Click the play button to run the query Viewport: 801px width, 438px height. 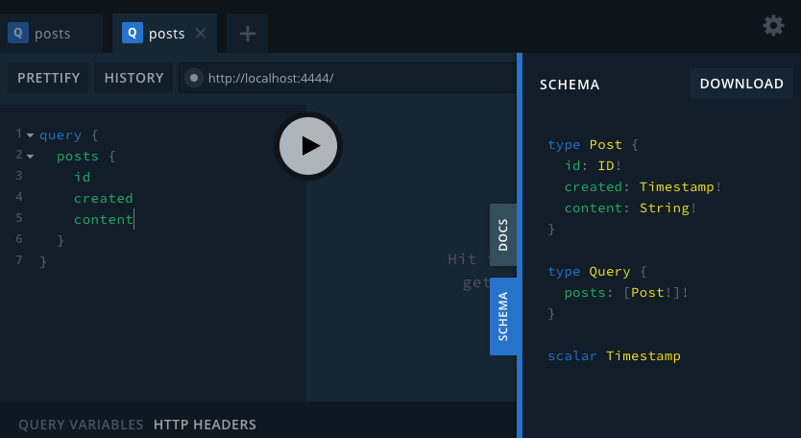(308, 145)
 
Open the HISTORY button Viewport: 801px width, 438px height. (133, 78)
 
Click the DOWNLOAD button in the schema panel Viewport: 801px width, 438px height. (741, 84)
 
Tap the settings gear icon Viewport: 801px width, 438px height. (773, 26)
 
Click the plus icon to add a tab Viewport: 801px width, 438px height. (248, 34)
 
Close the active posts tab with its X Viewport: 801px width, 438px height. (201, 34)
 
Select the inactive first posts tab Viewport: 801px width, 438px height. (52, 34)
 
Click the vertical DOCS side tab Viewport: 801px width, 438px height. (503, 234)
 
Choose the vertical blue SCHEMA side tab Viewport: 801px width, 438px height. (503, 317)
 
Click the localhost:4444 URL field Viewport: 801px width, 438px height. (346, 78)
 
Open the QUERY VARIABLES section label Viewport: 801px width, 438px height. (81, 425)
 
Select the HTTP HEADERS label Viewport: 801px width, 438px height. (205, 425)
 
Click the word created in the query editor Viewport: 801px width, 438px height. (103, 199)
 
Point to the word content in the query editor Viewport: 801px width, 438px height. (103, 220)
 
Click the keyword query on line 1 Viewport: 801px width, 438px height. (61, 135)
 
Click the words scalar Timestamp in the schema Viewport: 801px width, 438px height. (614, 356)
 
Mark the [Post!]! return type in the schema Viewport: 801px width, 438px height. (656, 293)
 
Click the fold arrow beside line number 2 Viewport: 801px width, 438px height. (31, 156)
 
